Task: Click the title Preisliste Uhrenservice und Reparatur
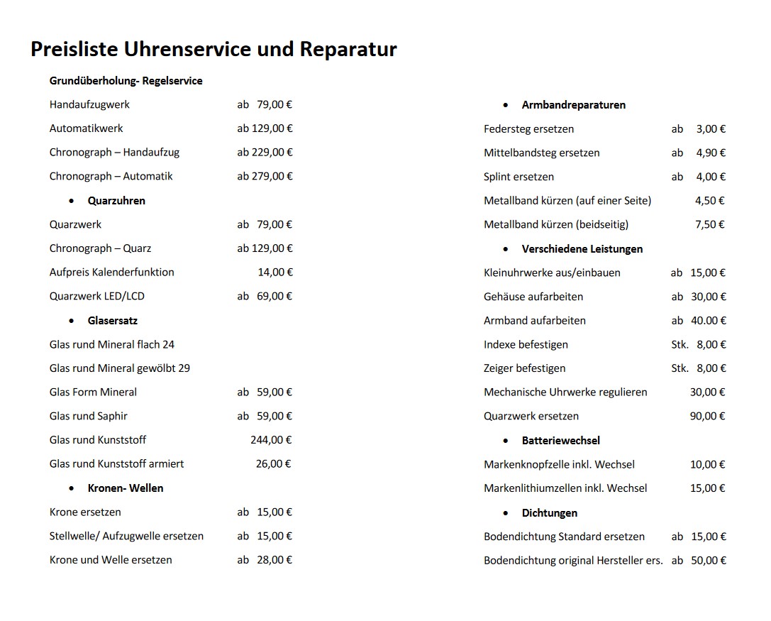(213, 50)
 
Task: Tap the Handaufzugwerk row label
(89, 104)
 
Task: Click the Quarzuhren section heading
(116, 201)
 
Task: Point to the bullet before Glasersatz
(72, 321)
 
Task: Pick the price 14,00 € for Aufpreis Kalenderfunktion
(275, 272)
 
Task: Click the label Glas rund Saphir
(89, 416)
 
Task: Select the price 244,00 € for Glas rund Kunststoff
(272, 440)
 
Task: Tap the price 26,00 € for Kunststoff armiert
(274, 463)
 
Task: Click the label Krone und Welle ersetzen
(111, 559)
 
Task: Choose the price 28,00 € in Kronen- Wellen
(274, 559)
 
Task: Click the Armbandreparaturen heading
(573, 105)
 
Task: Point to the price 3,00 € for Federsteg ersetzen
(711, 129)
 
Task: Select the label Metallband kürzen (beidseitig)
(556, 224)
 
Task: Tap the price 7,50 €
(710, 224)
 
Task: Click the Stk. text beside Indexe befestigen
(680, 344)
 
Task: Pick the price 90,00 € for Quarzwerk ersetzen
(708, 416)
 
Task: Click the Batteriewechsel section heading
(560, 441)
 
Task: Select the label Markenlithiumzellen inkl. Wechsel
(565, 488)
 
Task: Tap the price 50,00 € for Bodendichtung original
(709, 560)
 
